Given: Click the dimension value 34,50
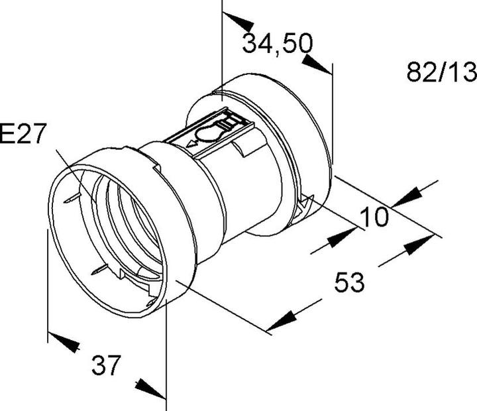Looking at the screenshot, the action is pos(278,44).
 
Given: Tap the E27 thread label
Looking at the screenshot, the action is pos(23,133).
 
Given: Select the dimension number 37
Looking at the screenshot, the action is pos(106,365).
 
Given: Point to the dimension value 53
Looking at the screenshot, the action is pos(349,282).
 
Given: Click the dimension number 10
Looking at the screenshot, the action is pos(374,217).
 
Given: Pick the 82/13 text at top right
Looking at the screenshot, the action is pos(442,72).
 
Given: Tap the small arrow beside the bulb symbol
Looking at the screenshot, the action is pos(192,143).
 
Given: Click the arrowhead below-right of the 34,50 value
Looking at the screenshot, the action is pos(317,64).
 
